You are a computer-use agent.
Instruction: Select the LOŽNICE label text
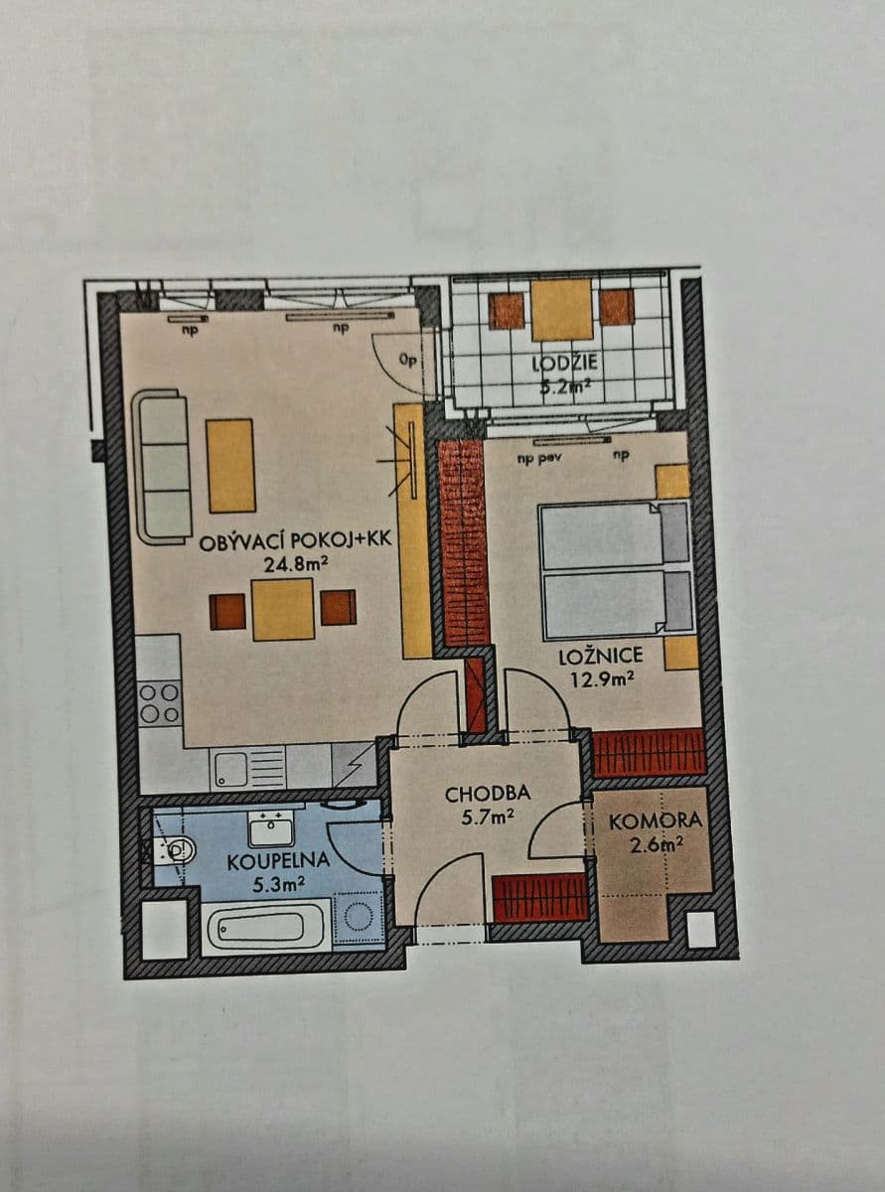[x=601, y=656]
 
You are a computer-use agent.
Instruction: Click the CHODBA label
[x=487, y=794]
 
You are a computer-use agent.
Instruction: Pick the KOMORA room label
[x=655, y=821]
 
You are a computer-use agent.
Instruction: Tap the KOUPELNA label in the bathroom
[x=265, y=861]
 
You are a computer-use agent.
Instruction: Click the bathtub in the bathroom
[x=265, y=926]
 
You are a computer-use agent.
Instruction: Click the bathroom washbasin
[x=271, y=825]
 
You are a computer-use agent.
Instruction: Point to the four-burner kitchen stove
[x=159, y=701]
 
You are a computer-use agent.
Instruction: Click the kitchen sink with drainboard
[x=248, y=768]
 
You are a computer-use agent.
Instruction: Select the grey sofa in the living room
[x=161, y=466]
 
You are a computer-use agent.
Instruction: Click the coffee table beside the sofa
[x=230, y=465]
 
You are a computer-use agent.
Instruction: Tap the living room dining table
[x=283, y=609]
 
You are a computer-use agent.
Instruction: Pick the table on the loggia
[x=561, y=308]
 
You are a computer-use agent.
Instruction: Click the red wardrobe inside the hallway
[x=539, y=898]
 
